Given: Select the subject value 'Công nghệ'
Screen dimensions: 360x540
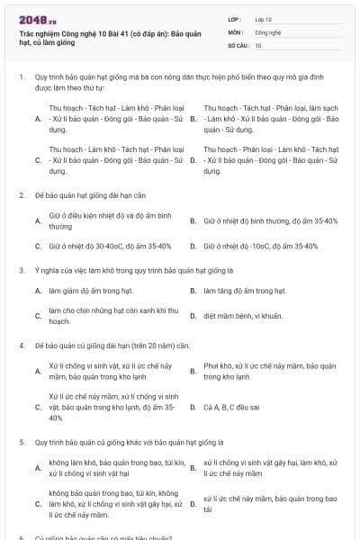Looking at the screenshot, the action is pyautogui.click(x=268, y=31).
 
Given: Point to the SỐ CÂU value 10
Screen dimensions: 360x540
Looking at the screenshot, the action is pyautogui.click(x=258, y=45).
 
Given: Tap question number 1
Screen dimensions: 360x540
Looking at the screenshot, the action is pyautogui.click(x=21, y=77).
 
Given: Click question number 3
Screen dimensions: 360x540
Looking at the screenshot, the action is pyautogui.click(x=21, y=269).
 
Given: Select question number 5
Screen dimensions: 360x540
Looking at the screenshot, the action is pyautogui.click(x=21, y=443).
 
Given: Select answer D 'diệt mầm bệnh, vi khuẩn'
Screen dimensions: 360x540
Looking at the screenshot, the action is pyautogui.click(x=244, y=316).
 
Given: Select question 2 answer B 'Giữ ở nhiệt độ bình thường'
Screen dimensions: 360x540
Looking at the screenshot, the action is pyautogui.click(x=270, y=220).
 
